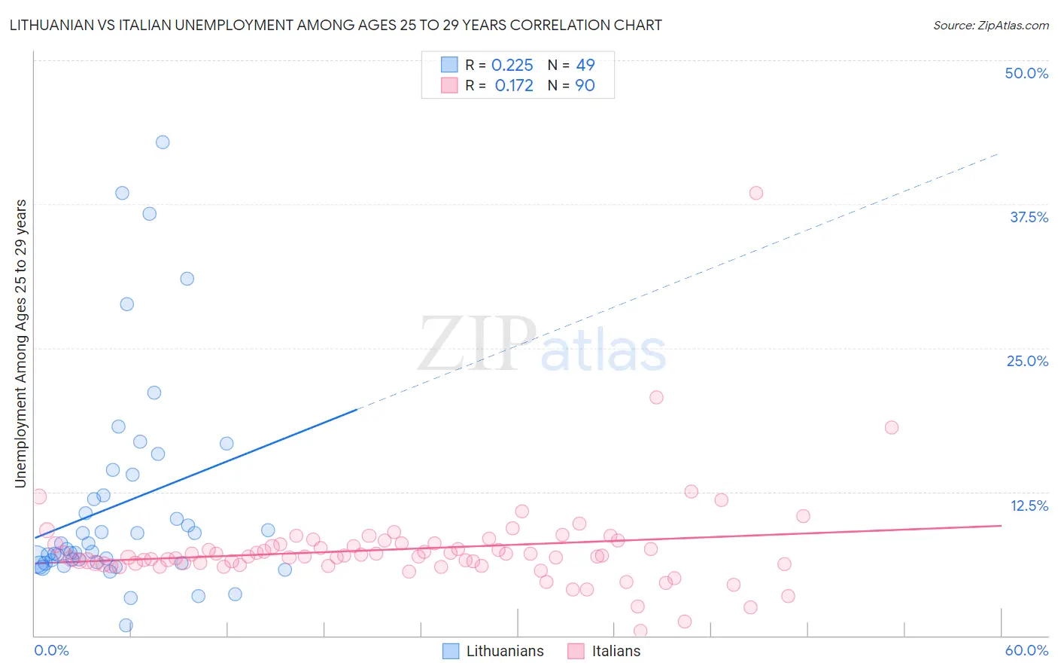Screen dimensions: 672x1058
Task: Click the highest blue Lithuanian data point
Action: click(163, 142)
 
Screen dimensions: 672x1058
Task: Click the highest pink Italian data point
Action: click(756, 193)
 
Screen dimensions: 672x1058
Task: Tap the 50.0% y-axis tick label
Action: click(1026, 73)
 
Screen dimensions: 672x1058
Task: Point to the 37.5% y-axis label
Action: click(1029, 217)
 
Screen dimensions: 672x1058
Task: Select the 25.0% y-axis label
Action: click(1027, 361)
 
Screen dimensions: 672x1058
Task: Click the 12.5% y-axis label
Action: click(1029, 506)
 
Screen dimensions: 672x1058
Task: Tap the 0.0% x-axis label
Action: click(52, 650)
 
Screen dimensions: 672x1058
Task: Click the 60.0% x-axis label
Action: click(1026, 650)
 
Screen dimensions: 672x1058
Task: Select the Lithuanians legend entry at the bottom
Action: click(504, 651)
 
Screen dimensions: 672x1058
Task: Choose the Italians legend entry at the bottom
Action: click(616, 651)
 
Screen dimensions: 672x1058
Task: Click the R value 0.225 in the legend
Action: click(512, 66)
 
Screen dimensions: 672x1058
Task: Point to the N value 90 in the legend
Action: click(585, 86)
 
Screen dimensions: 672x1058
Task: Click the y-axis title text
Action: click(21, 344)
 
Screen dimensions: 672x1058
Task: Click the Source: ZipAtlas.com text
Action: click(991, 26)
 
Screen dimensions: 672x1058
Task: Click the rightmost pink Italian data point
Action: click(892, 427)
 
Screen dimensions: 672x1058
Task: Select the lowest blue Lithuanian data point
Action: click(126, 625)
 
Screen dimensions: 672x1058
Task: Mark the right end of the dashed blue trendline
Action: click(999, 153)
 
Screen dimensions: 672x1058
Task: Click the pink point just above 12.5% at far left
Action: click(39, 496)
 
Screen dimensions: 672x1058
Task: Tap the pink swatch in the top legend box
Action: click(449, 85)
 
